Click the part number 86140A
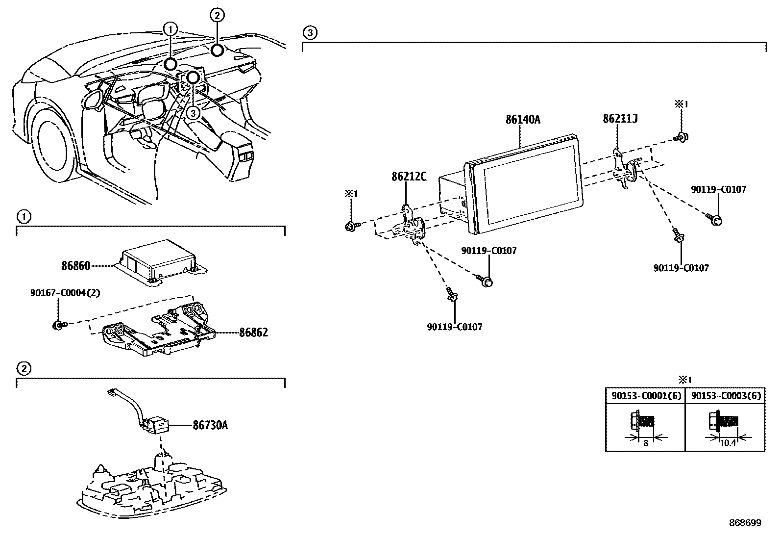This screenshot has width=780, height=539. [x=523, y=120]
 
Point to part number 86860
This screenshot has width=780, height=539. [x=75, y=266]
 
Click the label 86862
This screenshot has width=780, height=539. [x=253, y=333]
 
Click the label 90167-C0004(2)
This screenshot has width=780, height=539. [x=65, y=293]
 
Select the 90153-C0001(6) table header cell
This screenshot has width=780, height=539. [x=646, y=396]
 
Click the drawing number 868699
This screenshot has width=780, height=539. [x=745, y=523]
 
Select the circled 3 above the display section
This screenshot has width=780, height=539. [x=310, y=33]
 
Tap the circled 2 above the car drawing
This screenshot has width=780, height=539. [x=218, y=15]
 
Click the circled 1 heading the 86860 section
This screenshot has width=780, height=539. [x=24, y=216]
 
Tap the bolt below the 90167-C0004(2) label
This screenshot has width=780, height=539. [x=58, y=324]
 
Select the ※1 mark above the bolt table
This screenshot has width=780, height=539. [x=684, y=380]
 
